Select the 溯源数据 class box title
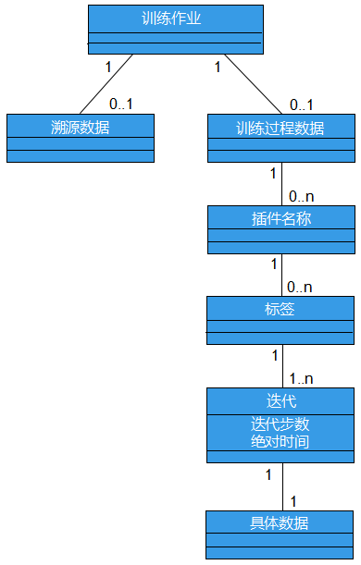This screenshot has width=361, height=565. pos(81,127)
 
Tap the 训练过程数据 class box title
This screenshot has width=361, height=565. pos(280,128)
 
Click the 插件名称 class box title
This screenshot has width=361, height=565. pos(280,218)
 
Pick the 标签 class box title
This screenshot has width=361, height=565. pos(280,309)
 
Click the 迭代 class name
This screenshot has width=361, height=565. pos(280,401)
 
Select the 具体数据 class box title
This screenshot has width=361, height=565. pos(280,522)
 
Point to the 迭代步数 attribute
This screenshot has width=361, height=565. pos(280,424)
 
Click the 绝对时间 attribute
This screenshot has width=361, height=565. pos(280,442)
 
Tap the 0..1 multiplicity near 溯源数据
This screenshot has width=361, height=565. pos(121,104)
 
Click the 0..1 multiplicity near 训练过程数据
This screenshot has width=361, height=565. pos(302,104)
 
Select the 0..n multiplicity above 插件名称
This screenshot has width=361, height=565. pos(302,196)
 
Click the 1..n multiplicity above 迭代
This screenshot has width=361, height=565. pos(302,378)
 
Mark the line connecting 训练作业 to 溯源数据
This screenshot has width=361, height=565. pos(106,83)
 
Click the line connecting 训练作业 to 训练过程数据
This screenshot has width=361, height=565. pos(252,83)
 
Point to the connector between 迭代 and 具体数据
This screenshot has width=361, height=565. pos(281,486)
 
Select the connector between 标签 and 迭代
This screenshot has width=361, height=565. pos(281,365)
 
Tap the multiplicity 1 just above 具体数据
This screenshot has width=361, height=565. pos(293,500)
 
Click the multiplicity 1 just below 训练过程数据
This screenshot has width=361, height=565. pos(272,173)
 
